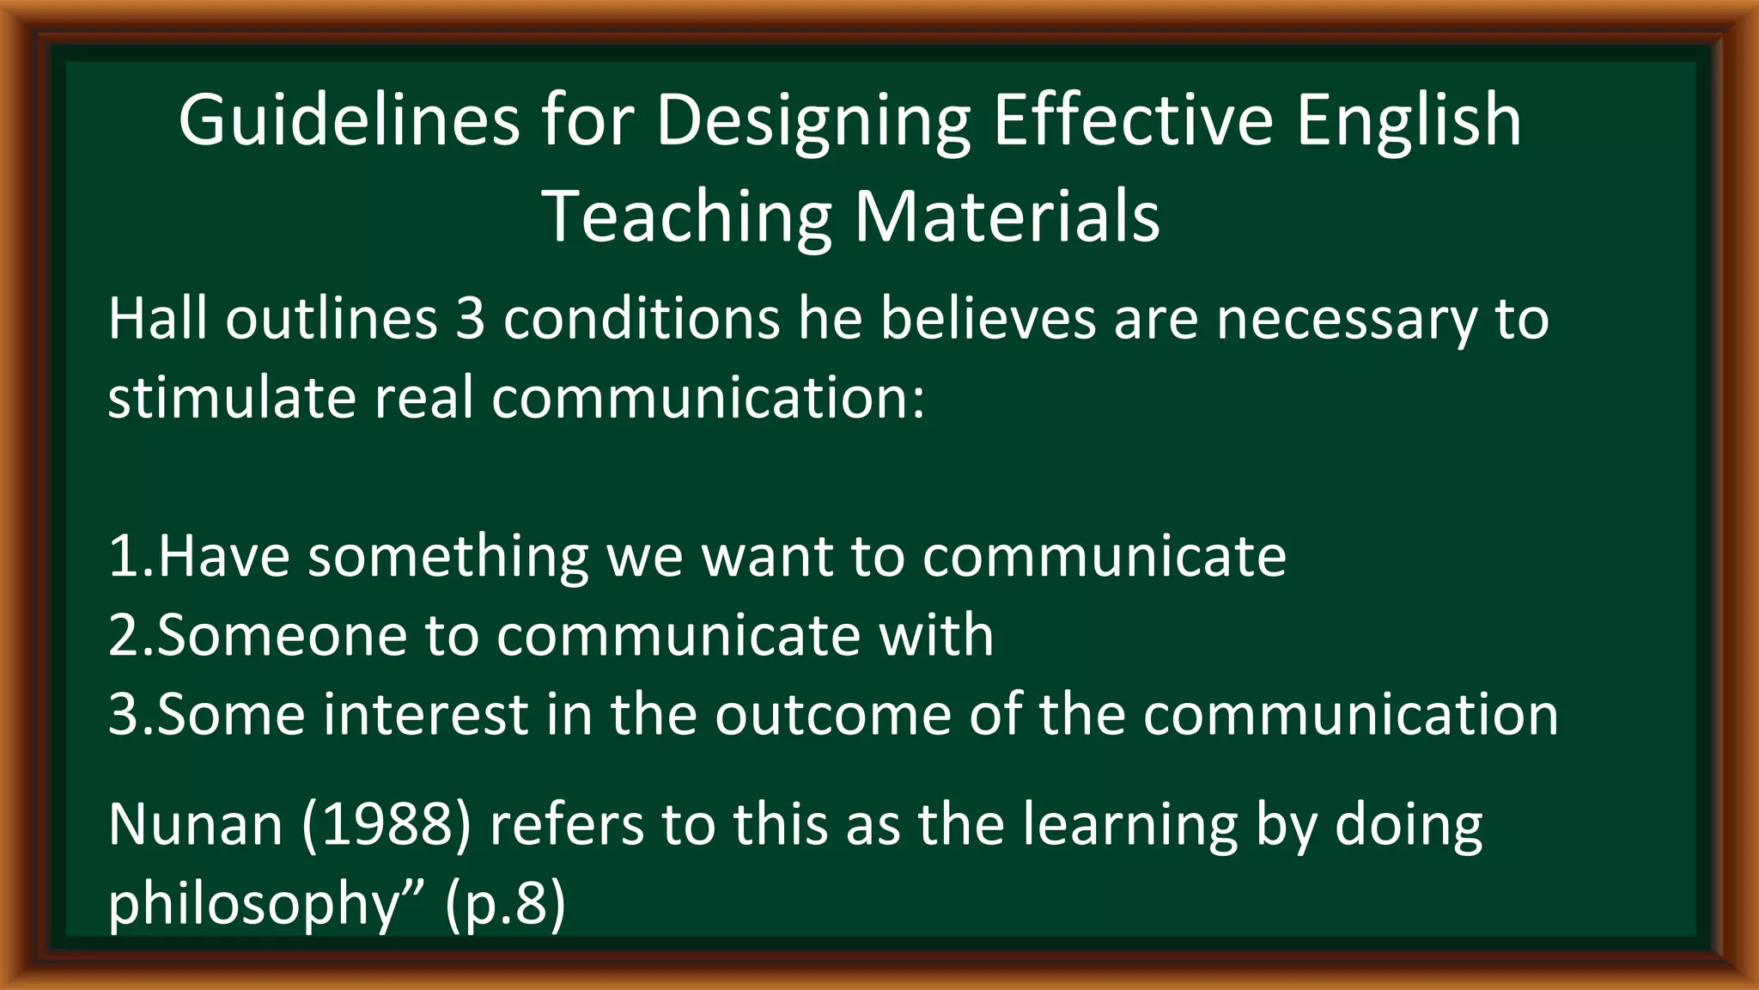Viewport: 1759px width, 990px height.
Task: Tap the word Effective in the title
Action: click(1133, 120)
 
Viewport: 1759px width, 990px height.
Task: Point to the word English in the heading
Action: click(1409, 120)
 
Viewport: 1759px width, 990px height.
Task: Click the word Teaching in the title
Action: click(687, 218)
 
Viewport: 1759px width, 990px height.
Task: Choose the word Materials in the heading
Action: click(1006, 217)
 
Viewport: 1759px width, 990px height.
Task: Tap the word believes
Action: click(988, 319)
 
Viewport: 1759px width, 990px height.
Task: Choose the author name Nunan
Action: click(195, 824)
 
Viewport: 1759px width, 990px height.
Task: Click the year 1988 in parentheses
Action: click(386, 824)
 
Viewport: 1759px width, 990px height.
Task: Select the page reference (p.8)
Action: click(505, 904)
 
